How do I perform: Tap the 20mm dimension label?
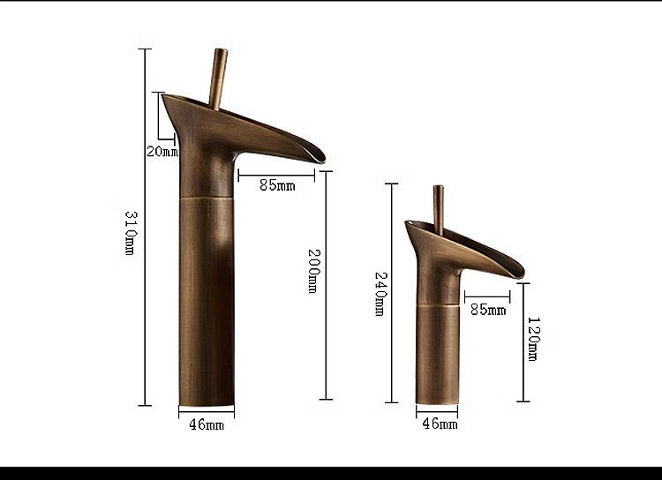click(162, 151)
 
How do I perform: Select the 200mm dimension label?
click(312, 271)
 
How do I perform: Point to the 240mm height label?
click(380, 294)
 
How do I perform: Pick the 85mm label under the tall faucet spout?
click(277, 185)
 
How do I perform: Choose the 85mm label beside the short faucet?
click(488, 310)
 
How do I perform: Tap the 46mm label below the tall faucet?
click(207, 424)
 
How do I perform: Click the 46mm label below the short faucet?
click(440, 424)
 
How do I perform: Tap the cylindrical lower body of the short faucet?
click(437, 353)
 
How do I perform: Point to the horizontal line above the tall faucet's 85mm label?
click(276, 175)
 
